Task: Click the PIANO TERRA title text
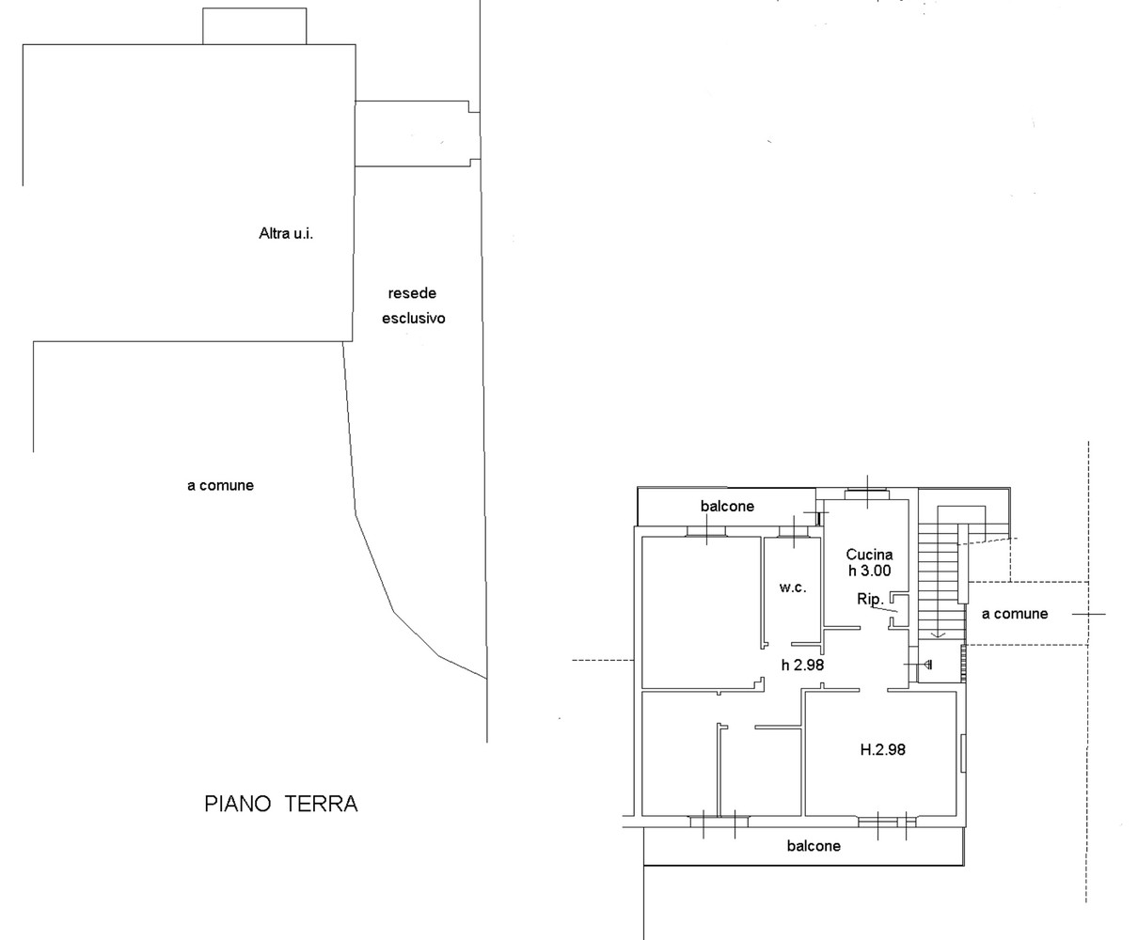(280, 804)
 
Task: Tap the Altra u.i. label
(286, 234)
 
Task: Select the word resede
(412, 293)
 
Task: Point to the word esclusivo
(414, 319)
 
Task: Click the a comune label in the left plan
(221, 486)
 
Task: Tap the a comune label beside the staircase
(1015, 614)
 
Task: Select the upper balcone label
(728, 507)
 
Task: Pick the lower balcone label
(814, 846)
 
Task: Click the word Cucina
(869, 555)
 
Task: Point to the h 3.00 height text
(869, 571)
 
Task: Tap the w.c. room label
(793, 587)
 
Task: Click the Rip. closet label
(870, 599)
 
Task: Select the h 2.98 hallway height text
(802, 665)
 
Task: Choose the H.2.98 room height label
(883, 750)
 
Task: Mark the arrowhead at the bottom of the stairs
(938, 635)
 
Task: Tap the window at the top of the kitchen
(867, 494)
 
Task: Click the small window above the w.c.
(794, 532)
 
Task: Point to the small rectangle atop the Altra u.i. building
(255, 25)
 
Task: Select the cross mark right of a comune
(1089, 614)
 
